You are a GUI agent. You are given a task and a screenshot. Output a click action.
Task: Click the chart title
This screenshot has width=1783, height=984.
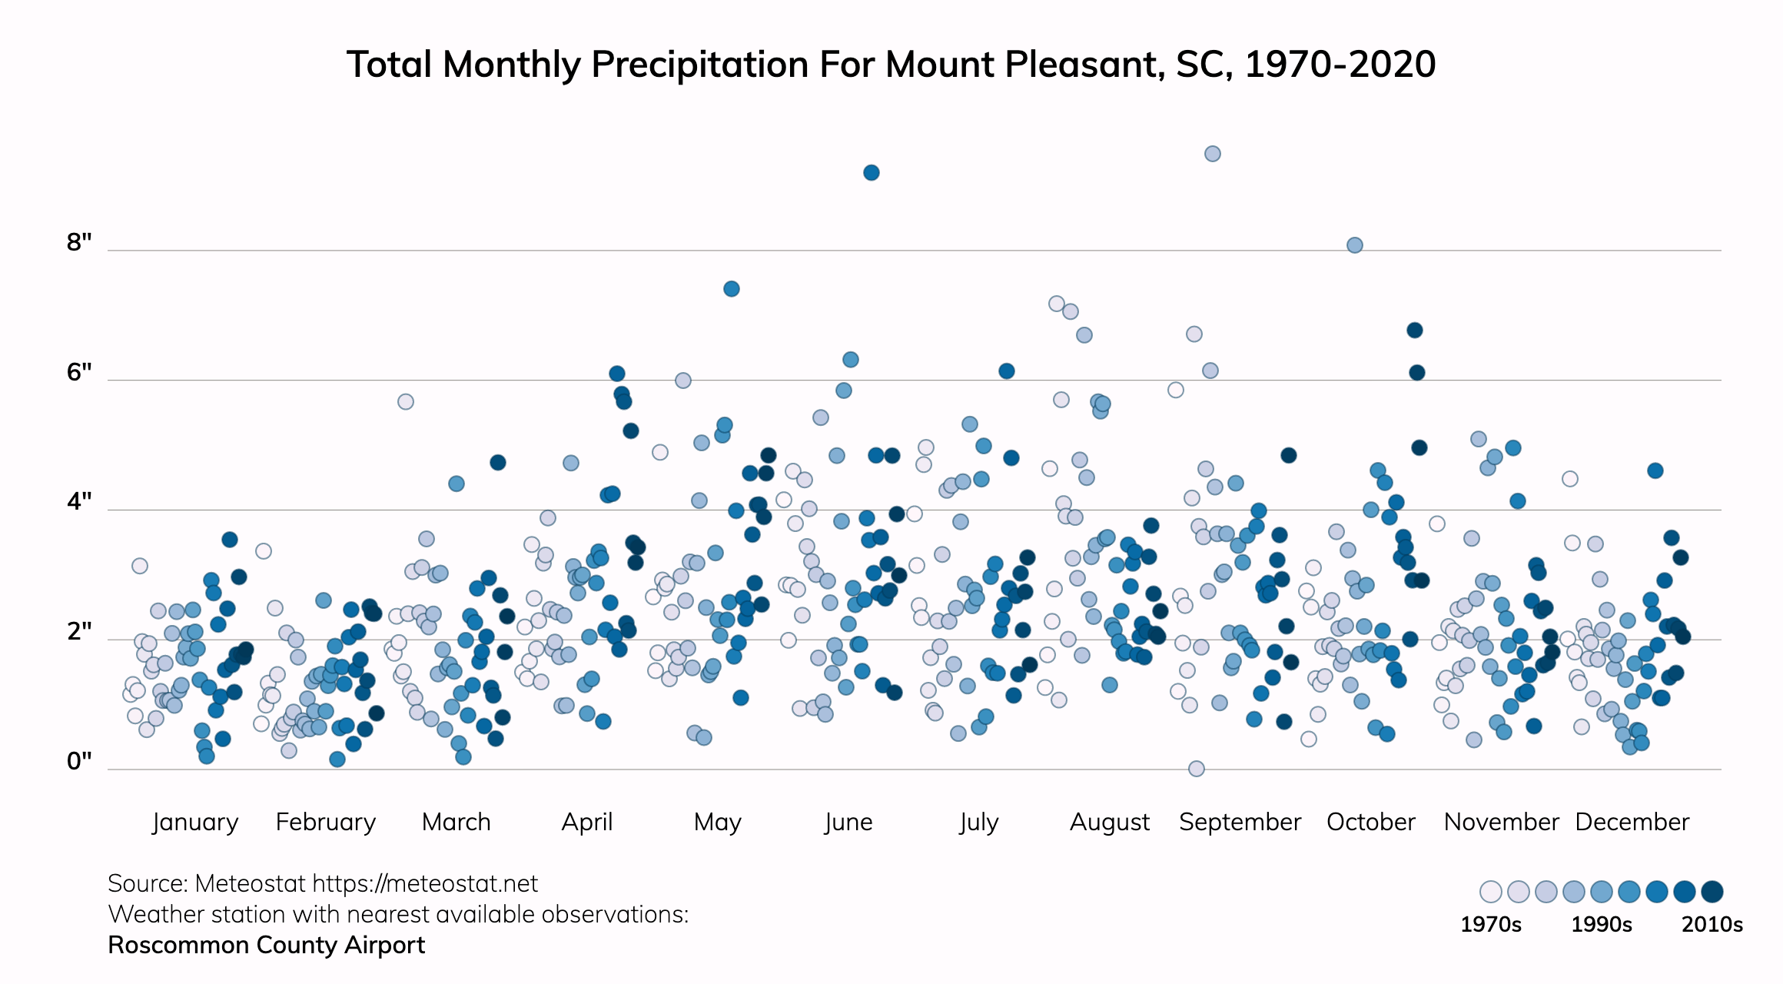891,65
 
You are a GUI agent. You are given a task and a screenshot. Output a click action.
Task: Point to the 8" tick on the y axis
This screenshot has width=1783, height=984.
79,243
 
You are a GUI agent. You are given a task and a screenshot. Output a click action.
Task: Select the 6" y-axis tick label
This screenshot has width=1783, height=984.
79,373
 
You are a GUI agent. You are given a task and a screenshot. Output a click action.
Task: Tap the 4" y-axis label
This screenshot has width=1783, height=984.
79,502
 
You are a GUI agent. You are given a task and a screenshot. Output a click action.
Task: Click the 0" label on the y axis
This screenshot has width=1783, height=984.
79,762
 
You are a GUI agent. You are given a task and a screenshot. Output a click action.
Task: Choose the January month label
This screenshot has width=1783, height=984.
195,823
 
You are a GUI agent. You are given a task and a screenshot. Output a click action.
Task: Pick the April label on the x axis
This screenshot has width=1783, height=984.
587,823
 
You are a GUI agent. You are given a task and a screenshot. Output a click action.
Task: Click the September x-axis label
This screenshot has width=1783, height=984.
1240,823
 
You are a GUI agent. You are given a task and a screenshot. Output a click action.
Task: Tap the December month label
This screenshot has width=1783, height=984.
1632,823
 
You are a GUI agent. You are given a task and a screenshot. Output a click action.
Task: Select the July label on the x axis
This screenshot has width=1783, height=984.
979,823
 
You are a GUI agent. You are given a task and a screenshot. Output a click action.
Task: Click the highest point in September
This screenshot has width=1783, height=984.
1212,154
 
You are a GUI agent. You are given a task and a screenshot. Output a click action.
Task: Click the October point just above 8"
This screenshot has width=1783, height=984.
1354,245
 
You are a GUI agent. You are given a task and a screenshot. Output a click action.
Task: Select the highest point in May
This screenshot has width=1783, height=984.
731,289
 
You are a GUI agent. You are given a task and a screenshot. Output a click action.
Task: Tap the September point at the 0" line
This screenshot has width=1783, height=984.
1196,769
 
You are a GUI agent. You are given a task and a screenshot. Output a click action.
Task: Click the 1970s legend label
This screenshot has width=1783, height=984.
1490,925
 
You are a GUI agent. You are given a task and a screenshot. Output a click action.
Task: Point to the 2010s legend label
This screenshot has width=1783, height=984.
1712,925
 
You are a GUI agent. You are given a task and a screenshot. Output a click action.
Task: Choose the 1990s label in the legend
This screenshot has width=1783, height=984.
1601,925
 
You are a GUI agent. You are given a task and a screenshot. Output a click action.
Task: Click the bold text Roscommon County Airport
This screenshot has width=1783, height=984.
266,946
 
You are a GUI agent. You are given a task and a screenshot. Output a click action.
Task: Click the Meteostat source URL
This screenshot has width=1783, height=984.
425,884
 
